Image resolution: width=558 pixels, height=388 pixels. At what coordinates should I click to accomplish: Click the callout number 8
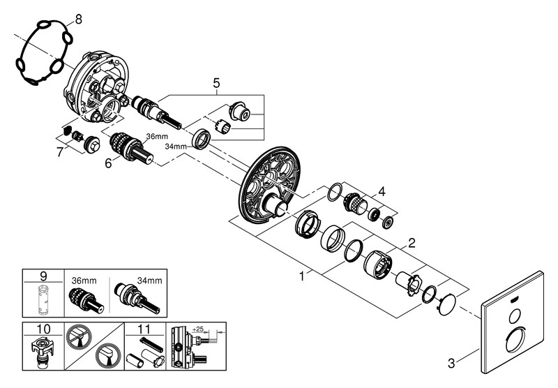tap(77, 19)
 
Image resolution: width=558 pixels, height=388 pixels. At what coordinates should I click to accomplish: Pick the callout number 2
tap(412, 244)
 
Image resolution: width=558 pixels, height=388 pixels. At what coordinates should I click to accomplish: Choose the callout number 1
tap(302, 276)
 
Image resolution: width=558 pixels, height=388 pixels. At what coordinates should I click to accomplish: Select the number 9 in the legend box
tap(43, 276)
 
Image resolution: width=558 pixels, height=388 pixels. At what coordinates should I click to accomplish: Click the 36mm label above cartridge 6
tap(155, 137)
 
